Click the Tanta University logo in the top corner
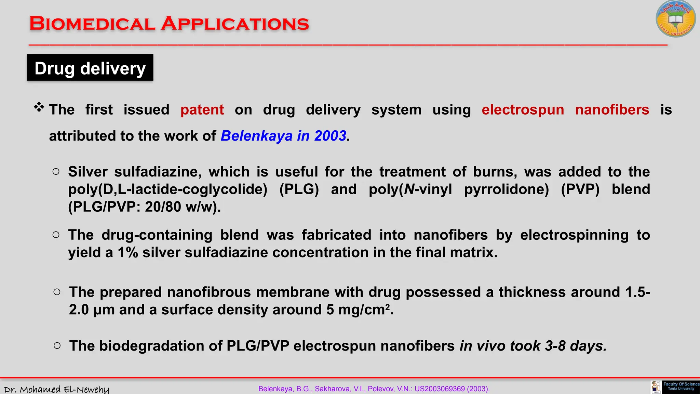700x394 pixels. (675, 19)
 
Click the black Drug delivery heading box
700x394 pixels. (90, 68)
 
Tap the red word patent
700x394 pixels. (202, 110)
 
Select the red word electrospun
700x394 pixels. (523, 110)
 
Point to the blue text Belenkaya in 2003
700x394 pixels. (283, 136)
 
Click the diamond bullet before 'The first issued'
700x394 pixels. (39, 107)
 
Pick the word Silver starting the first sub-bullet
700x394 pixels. (87, 172)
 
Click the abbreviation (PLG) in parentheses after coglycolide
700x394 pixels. (299, 189)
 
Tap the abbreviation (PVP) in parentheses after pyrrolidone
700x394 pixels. (580, 189)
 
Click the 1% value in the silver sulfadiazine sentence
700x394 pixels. (128, 252)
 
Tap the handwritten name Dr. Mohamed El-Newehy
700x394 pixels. (57, 389)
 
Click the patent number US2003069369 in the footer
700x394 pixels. (440, 389)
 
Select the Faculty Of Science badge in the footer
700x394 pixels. (681, 387)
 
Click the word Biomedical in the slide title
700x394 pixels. (92, 24)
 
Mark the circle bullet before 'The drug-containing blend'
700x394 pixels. (56, 235)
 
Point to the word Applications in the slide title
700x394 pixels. (235, 24)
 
